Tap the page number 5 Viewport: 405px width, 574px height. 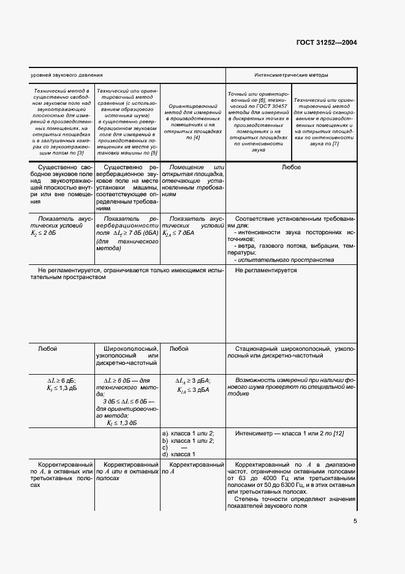point(355,522)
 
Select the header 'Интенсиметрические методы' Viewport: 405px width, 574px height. point(291,75)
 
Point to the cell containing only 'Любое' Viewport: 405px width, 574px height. point(290,167)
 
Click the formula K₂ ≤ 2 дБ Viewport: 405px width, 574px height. point(47,234)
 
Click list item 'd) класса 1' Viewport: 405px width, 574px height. point(178,454)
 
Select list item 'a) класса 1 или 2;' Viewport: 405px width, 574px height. point(187,434)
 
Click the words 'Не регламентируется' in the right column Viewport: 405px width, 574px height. point(266,270)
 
